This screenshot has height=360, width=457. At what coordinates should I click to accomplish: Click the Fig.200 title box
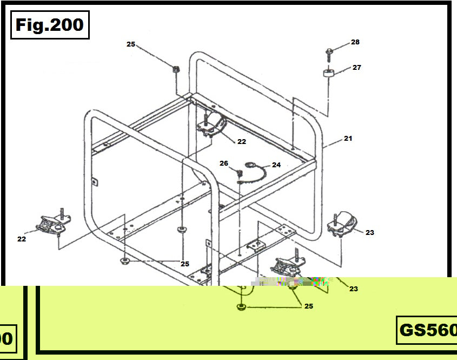click(x=50, y=25)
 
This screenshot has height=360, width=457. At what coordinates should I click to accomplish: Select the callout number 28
click(x=355, y=42)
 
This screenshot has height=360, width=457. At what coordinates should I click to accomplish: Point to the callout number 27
click(x=357, y=68)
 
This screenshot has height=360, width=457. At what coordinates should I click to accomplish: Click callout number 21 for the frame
click(x=348, y=139)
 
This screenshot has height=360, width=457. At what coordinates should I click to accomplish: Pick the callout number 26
click(x=224, y=163)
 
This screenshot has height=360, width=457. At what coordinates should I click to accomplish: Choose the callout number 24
click(x=276, y=165)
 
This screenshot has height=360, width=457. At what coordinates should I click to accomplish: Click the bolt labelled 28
click(x=329, y=51)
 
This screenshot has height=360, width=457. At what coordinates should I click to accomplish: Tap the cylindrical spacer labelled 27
click(x=328, y=73)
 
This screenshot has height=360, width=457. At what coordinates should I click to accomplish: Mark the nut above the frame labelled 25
click(x=175, y=69)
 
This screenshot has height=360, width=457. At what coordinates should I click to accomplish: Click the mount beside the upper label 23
click(x=343, y=224)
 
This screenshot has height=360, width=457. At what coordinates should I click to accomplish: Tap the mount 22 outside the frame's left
click(x=53, y=224)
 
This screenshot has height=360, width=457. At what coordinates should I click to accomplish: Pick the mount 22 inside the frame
click(x=212, y=125)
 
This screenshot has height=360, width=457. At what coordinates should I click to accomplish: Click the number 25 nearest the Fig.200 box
click(x=131, y=44)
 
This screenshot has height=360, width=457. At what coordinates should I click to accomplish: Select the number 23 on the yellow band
click(x=354, y=289)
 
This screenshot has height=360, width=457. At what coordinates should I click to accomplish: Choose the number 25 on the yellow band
click(x=308, y=306)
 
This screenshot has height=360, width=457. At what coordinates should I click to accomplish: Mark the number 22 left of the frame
click(x=22, y=239)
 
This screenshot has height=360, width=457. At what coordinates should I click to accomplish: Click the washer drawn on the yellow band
click(x=240, y=307)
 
